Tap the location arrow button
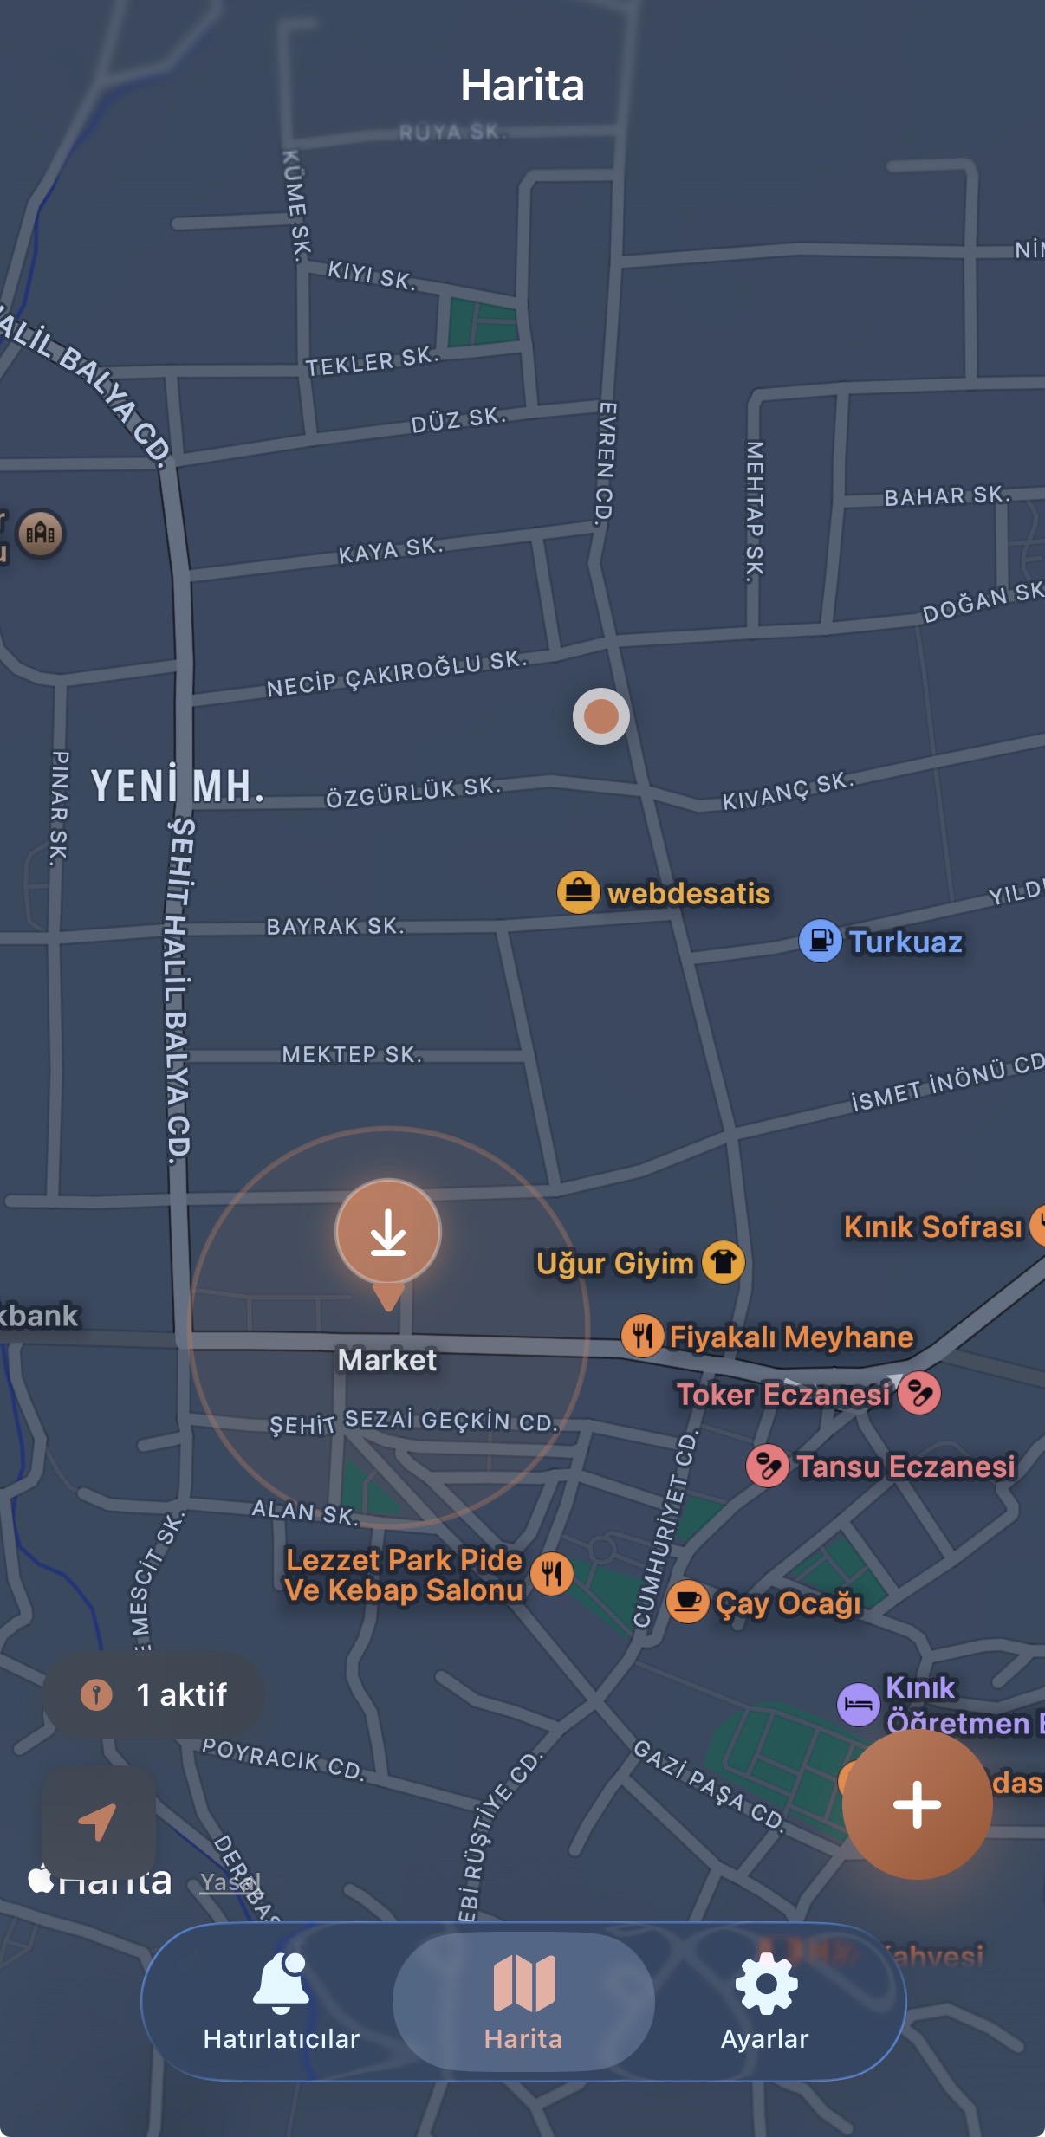click(98, 1820)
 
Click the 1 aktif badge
click(154, 1694)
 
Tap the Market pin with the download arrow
click(388, 1233)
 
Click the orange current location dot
click(600, 716)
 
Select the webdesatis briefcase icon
click(578, 892)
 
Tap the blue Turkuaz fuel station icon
click(820, 941)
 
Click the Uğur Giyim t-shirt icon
click(724, 1262)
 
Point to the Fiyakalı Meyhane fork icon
click(642, 1336)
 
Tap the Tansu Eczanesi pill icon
click(767, 1466)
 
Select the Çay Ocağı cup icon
click(688, 1603)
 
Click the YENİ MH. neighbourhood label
click(177, 787)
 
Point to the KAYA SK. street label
click(391, 550)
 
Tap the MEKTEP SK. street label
click(352, 1054)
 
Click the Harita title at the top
click(522, 85)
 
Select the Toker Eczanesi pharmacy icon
click(919, 1393)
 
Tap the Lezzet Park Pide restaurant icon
click(552, 1574)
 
